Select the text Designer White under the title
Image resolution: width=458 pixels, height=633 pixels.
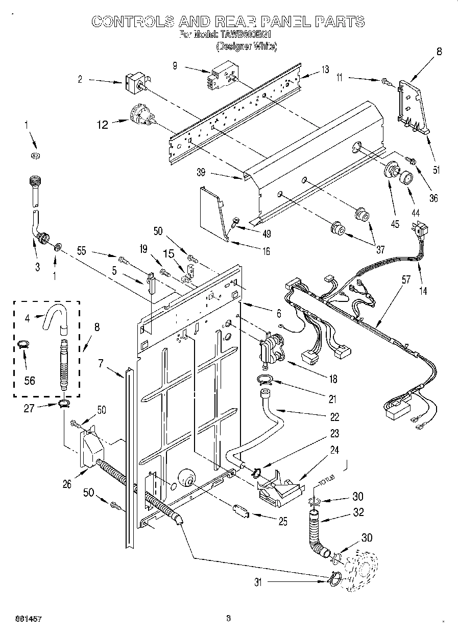click(246, 46)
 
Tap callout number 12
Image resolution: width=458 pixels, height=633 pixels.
click(103, 124)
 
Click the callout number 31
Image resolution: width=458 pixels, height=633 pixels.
click(258, 581)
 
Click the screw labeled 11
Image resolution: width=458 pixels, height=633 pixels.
click(384, 80)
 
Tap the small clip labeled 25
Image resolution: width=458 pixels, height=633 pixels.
click(240, 510)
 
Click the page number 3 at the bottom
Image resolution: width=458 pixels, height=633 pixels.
click(228, 618)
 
